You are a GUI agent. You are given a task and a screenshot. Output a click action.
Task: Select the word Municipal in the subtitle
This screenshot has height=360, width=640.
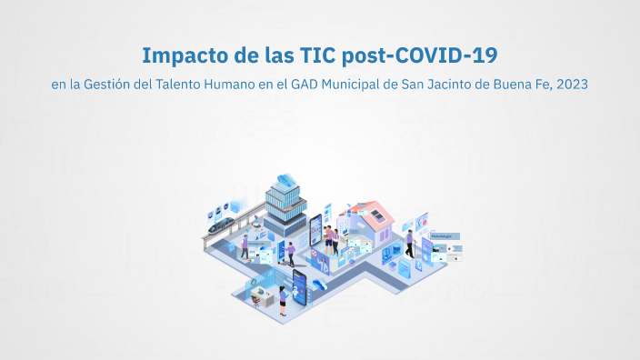tap(355, 85)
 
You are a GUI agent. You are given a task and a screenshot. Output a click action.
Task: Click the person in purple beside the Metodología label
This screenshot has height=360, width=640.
tap(409, 243)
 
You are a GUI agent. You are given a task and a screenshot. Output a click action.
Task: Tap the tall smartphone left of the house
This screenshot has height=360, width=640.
tap(316, 233)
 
